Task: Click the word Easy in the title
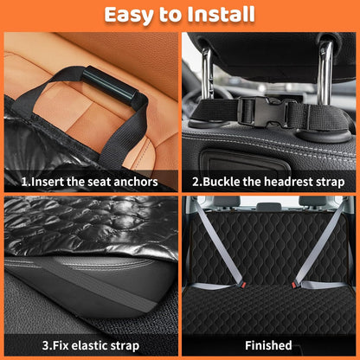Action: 129,15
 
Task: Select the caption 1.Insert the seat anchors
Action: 90,182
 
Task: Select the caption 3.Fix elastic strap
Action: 90,345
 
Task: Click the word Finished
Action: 268,345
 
